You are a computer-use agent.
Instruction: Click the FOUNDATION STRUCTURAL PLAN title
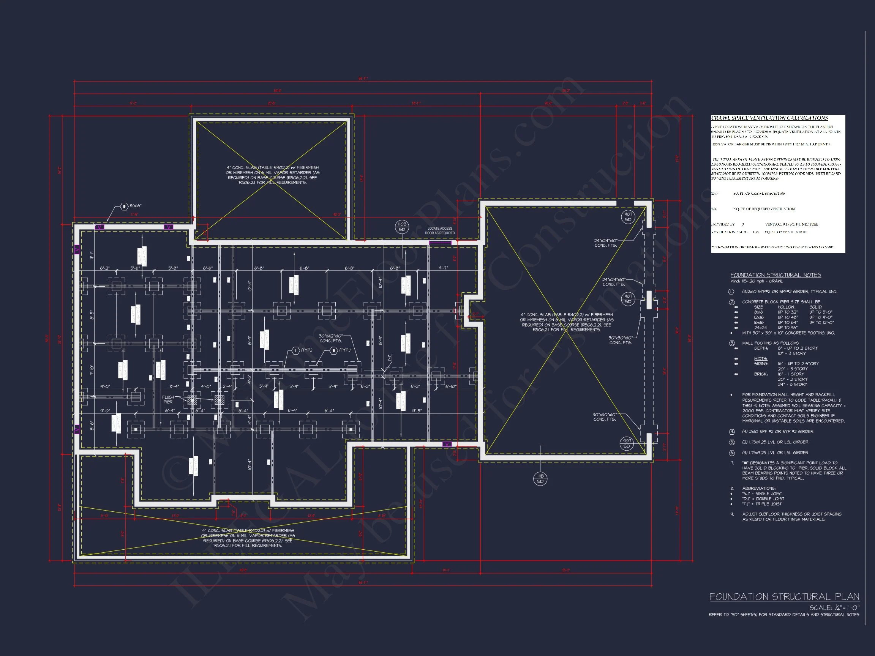click(x=784, y=597)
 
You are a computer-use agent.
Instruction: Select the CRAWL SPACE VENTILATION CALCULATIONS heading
click(x=769, y=118)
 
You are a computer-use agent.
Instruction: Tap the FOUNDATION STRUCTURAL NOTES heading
click(x=775, y=275)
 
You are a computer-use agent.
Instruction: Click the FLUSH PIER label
click(x=168, y=399)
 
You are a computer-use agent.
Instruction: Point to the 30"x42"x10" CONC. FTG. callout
click(x=331, y=338)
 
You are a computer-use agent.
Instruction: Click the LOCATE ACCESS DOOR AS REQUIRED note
click(x=439, y=230)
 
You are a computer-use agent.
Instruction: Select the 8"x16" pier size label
click(x=136, y=206)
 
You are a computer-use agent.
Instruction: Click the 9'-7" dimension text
click(x=444, y=268)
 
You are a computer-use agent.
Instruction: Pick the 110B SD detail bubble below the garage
click(x=540, y=479)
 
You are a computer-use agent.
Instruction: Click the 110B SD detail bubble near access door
click(x=402, y=227)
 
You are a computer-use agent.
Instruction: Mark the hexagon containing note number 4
click(x=732, y=431)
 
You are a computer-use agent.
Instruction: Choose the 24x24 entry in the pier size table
click(x=760, y=327)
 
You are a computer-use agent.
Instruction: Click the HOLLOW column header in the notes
click(x=786, y=307)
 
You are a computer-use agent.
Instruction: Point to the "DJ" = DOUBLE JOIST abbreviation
click(x=762, y=498)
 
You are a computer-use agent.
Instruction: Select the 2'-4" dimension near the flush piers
click(x=227, y=386)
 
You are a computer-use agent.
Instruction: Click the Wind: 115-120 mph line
click(x=750, y=282)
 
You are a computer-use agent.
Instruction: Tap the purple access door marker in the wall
click(x=440, y=242)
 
